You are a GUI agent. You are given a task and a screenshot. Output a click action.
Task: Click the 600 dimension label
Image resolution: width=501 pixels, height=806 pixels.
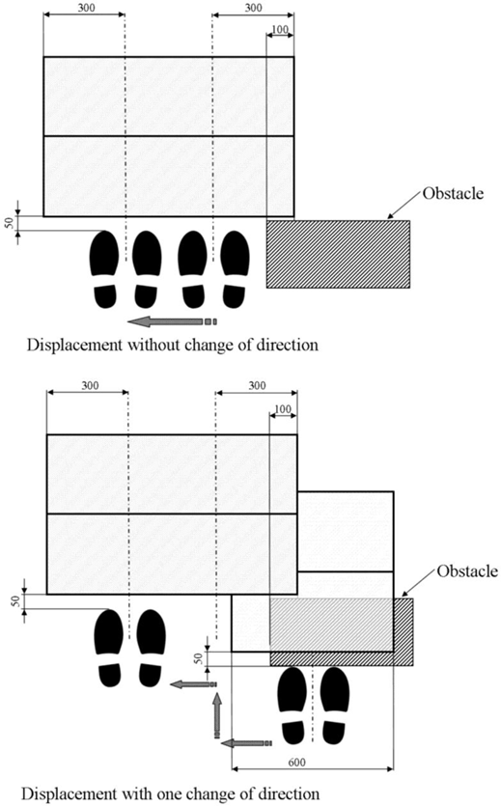pos(297,763)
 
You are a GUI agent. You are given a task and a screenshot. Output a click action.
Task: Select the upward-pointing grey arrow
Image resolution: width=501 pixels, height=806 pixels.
pos(217,715)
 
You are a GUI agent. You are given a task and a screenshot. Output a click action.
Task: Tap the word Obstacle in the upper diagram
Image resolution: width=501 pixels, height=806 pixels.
pos(453,193)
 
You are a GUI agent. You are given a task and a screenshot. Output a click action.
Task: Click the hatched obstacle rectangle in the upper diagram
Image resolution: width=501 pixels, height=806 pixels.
pos(338,254)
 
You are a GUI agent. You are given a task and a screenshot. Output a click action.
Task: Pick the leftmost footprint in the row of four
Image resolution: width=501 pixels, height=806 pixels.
pos(104,269)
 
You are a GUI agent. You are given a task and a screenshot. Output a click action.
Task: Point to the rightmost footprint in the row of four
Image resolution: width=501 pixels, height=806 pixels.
pos(235,269)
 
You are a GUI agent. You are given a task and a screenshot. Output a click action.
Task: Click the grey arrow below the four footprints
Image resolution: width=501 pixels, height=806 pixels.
pos(172,321)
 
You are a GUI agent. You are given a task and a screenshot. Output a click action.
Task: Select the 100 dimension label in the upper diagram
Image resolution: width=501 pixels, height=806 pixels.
pos(280,29)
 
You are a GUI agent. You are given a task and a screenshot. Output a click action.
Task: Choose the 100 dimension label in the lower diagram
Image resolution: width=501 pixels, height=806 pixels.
pos(283,409)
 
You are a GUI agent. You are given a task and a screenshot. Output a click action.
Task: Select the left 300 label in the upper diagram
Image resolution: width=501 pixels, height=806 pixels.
pos(85,9)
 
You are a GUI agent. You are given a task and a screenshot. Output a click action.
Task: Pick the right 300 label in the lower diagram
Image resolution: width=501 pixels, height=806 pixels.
pos(257,385)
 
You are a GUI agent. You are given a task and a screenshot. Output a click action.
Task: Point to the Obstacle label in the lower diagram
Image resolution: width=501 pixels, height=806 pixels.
pos(467,571)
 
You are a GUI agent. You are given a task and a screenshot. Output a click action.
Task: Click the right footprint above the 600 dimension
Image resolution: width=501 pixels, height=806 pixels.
pos(335,706)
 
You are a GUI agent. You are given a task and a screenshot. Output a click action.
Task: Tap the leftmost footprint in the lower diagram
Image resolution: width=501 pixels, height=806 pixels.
pos(109,649)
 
